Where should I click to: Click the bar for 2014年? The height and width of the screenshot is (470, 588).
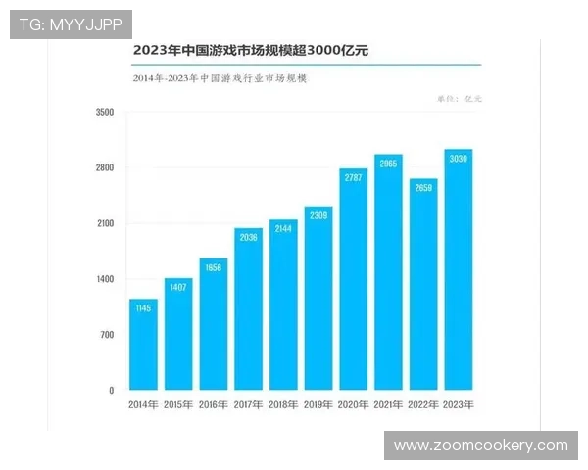point(143,345)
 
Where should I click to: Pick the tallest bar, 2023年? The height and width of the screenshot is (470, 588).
point(459,270)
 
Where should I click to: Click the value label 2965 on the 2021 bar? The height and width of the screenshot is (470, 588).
point(388,164)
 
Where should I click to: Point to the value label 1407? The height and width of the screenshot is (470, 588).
point(178,288)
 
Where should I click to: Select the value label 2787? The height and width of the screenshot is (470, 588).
point(353,178)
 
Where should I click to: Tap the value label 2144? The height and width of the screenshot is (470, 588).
point(283,228)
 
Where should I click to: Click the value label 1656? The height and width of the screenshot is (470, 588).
point(214,267)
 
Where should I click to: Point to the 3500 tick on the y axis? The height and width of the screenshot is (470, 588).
point(105,113)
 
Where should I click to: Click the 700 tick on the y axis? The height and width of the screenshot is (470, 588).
point(107,335)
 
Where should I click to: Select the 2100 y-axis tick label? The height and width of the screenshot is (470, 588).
point(105,224)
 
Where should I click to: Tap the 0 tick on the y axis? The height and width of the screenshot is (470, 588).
point(111,391)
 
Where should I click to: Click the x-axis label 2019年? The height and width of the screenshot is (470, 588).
point(318,404)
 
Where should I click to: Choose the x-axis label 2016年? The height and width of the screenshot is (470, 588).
point(214,404)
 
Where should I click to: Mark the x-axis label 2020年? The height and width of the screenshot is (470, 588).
point(353,404)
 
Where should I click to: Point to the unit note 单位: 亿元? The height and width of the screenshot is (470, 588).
point(459,99)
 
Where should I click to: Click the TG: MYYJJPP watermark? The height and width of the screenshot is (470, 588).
point(70,23)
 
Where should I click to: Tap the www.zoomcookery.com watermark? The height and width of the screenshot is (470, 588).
point(480,446)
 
